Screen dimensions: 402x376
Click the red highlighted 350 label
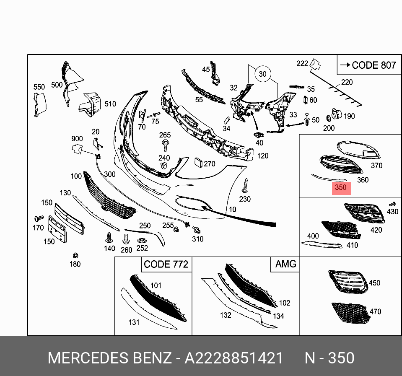coord(341,187)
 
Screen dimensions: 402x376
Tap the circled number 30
coord(262,74)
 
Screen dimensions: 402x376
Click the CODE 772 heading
coord(166,264)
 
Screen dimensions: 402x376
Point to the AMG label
coord(285,264)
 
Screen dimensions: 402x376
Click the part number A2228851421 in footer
coord(234,358)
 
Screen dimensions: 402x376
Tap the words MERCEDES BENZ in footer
coord(109,358)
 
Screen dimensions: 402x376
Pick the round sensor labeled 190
coord(335,115)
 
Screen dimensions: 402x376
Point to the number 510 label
coord(110,104)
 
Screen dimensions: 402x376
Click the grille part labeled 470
coord(349,313)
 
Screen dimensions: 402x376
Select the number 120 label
coord(263,156)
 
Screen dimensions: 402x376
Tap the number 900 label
coord(77,139)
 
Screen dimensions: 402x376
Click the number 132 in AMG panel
coord(226,315)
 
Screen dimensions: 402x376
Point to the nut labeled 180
coord(75,255)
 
